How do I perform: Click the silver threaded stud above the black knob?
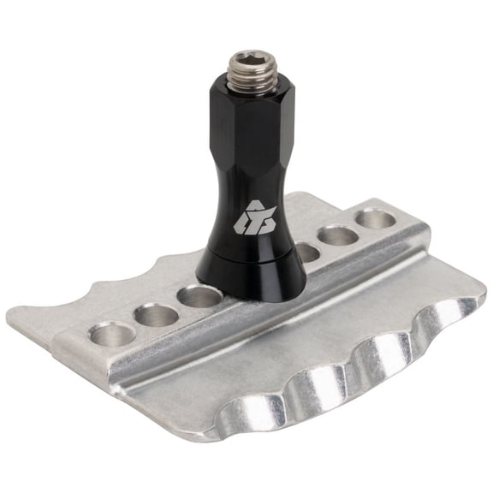point(248,74)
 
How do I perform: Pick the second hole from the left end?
point(157,314)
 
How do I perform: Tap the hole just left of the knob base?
point(200,297)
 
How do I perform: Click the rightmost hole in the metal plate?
point(376,219)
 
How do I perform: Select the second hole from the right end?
point(339,235)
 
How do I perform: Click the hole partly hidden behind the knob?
point(306,252)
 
